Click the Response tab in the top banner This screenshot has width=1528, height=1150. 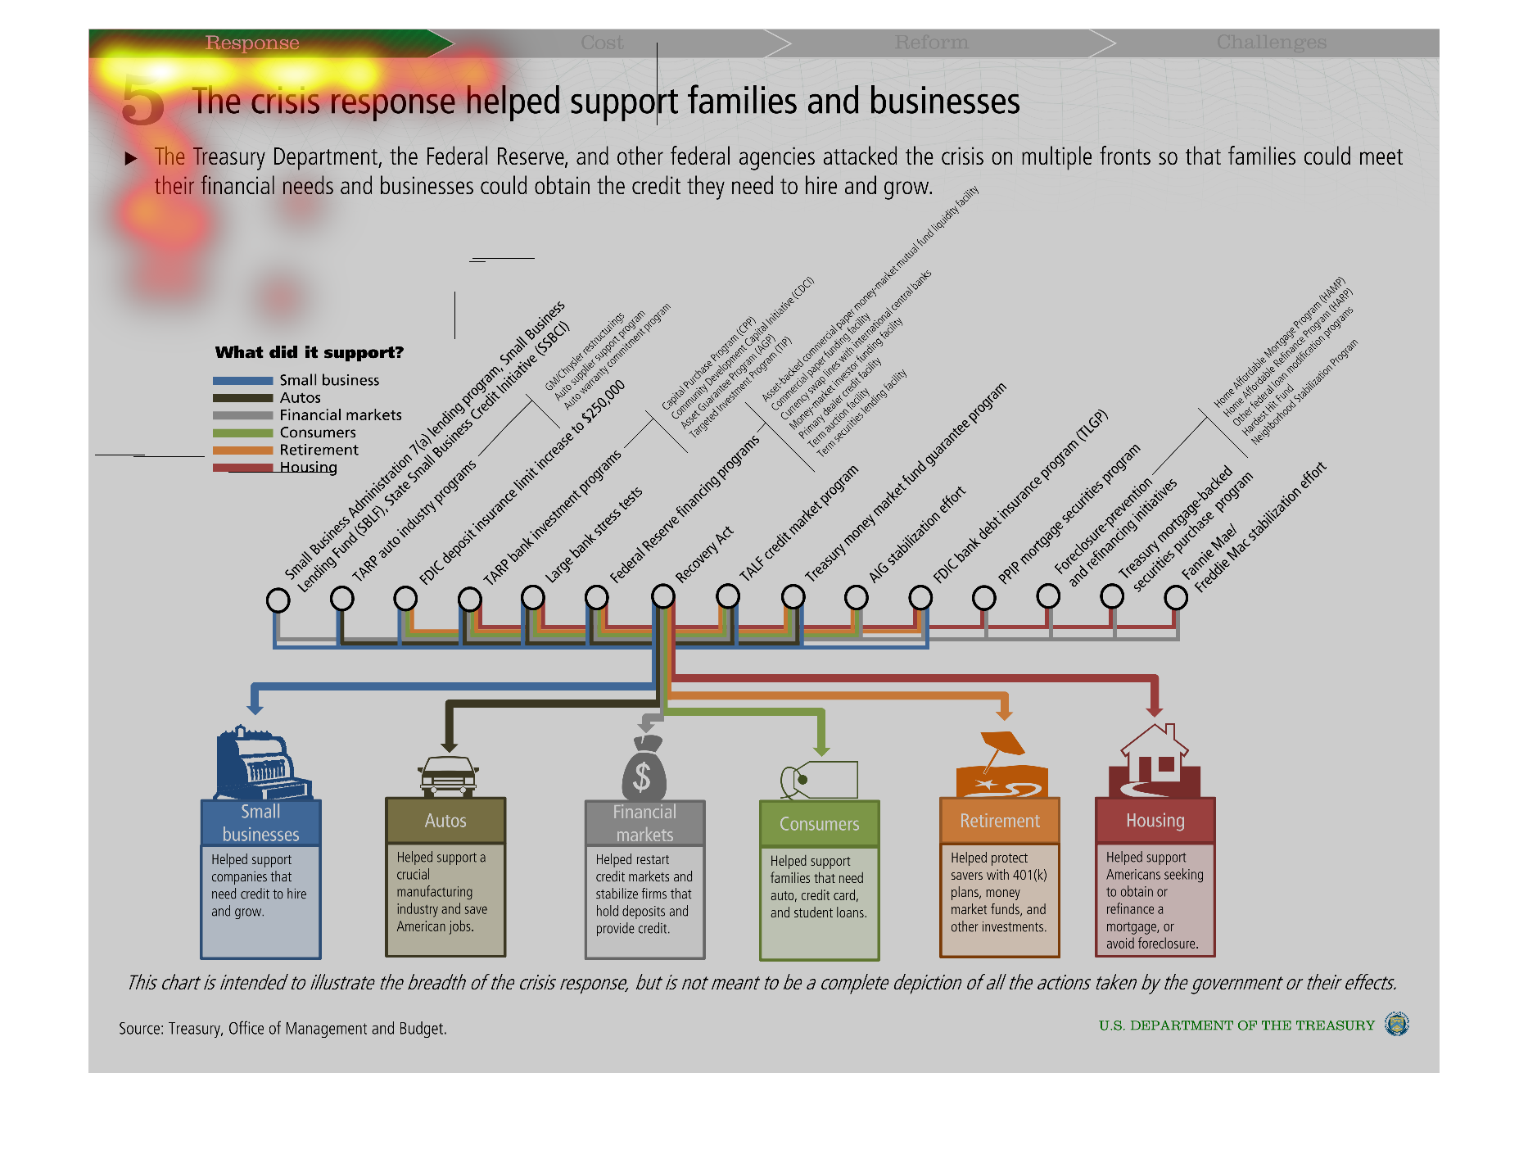pos(252,43)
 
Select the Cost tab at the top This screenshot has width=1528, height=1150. pos(602,43)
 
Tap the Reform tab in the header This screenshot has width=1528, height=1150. pos(931,43)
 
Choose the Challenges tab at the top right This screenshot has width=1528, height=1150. pos(1271,43)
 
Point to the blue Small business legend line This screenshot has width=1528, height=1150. pos(242,381)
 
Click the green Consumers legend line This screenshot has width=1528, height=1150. pos(242,433)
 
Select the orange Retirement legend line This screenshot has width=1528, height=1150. pos(242,450)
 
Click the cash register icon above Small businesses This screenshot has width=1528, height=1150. pos(260,763)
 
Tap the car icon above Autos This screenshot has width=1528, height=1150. pos(447,776)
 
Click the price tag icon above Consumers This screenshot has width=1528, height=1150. pos(819,779)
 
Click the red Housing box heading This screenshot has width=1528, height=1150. pos(1155,821)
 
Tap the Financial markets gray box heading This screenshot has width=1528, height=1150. pos(644,823)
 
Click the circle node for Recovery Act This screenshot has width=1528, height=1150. pos(663,596)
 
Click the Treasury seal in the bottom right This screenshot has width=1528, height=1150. pos(1396,1025)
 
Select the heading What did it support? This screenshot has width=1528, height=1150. pos(310,353)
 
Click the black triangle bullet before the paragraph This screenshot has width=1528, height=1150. pos(131,158)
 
